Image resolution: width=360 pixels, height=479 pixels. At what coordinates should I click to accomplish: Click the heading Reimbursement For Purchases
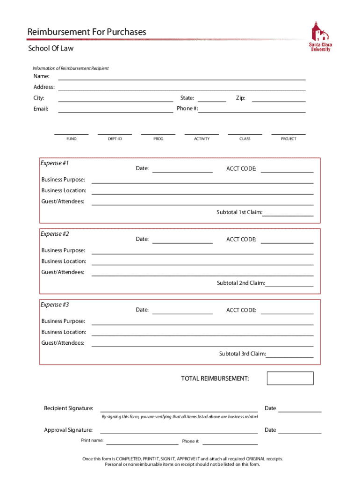tap(86, 32)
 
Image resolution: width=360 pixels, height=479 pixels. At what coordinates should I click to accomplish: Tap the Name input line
tap(181, 77)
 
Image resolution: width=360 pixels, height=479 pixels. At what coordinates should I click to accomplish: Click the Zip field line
tap(279, 98)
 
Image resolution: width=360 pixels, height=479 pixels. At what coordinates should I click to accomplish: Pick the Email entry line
tap(115, 109)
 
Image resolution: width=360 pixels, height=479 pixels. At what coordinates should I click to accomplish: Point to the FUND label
tap(72, 139)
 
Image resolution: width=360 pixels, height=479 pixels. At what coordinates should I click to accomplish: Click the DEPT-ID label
tap(115, 139)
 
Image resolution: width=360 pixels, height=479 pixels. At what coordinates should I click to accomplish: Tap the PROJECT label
tap(288, 139)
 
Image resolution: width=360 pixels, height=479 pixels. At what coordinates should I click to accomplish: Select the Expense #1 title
tap(55, 163)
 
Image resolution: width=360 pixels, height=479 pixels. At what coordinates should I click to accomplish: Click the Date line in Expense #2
tap(182, 240)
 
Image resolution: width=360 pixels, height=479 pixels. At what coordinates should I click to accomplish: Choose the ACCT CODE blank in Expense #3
tap(287, 311)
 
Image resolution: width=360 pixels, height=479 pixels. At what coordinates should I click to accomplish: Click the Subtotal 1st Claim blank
tap(288, 213)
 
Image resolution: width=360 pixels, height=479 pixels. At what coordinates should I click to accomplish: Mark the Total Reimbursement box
tap(290, 378)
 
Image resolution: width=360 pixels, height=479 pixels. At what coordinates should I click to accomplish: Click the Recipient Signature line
tap(179, 409)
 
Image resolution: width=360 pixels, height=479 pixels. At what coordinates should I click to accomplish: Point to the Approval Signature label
tap(68, 430)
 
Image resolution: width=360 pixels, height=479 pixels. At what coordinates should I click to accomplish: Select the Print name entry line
tap(142, 441)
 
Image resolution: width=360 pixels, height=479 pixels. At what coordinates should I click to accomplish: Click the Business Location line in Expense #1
tap(202, 191)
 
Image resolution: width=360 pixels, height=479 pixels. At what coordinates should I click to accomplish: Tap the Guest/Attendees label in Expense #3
tap(63, 343)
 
